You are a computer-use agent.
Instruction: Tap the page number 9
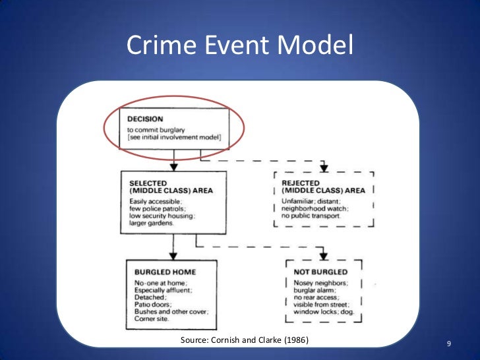coord(448,344)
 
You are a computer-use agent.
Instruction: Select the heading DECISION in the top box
coord(144,119)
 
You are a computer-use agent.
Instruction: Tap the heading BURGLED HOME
coord(165,271)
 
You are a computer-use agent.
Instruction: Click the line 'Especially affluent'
coord(163,291)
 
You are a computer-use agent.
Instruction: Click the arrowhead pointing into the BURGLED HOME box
coord(173,254)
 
